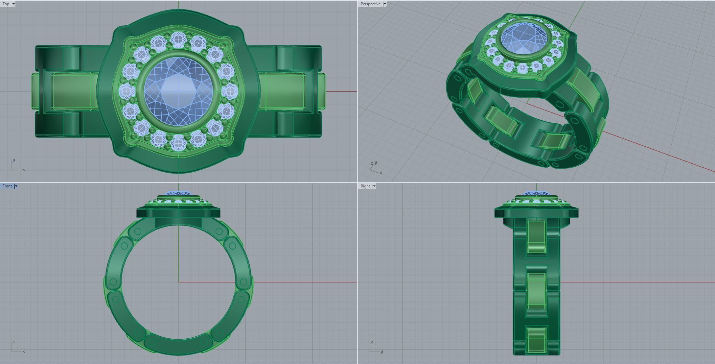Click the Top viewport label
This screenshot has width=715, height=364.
click(x=6, y=4)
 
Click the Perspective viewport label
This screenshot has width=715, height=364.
click(x=370, y=4)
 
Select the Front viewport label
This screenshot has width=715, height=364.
click(x=7, y=186)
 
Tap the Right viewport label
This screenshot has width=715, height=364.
click(x=365, y=186)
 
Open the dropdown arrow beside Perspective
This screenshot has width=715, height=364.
click(x=385, y=4)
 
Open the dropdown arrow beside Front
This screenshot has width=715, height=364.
click(x=16, y=186)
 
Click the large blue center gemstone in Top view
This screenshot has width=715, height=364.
click(x=178, y=91)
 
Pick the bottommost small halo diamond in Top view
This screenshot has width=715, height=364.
click(x=178, y=142)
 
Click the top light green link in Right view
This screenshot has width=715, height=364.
click(x=536, y=237)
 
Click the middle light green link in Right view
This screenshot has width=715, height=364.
click(x=536, y=291)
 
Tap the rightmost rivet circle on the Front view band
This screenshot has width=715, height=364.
click(x=243, y=282)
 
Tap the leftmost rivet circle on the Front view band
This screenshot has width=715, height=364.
click(x=113, y=282)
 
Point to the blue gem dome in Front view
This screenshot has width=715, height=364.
click(x=178, y=194)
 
